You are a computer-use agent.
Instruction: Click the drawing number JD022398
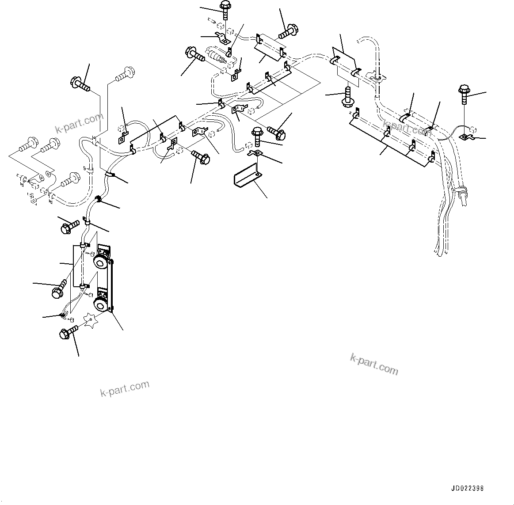[467, 489]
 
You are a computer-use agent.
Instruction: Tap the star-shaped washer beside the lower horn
[91, 320]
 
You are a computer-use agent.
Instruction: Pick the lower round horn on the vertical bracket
[101, 304]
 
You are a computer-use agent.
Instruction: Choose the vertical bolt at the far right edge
[464, 92]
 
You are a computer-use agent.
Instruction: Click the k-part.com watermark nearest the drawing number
[374, 364]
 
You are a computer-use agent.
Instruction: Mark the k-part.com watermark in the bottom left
[125, 388]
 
